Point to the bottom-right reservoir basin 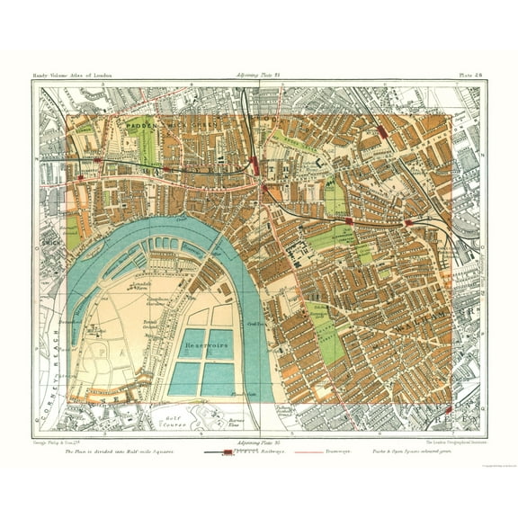(x=219, y=379)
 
